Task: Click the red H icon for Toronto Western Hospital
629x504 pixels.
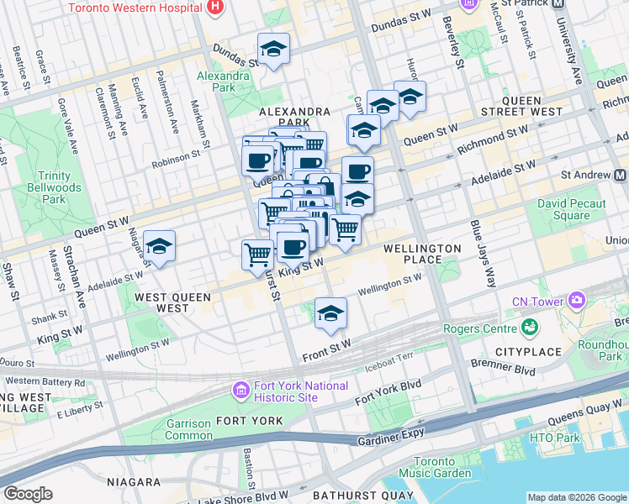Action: pyautogui.click(x=215, y=8)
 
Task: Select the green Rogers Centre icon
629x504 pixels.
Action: pyautogui.click(x=530, y=326)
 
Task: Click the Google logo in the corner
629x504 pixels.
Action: pyautogui.click(x=28, y=494)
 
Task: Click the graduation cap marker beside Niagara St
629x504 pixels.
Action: pyautogui.click(x=159, y=246)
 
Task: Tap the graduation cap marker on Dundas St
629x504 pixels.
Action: pyautogui.click(x=273, y=49)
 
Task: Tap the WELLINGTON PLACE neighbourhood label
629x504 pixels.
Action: pyautogui.click(x=423, y=255)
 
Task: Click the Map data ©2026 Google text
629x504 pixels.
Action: pyautogui.click(x=577, y=497)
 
